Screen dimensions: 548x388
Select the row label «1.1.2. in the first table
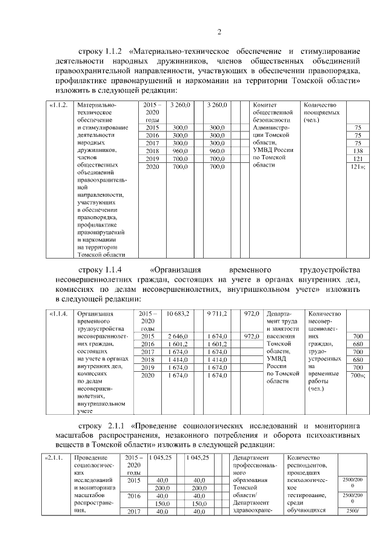(58, 105)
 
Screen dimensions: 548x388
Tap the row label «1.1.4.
(58, 314)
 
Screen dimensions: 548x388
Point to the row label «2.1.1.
(55, 458)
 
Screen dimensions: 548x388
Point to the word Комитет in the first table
(264, 105)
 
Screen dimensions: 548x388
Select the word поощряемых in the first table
(321, 113)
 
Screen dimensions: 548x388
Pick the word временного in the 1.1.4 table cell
(89, 321)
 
